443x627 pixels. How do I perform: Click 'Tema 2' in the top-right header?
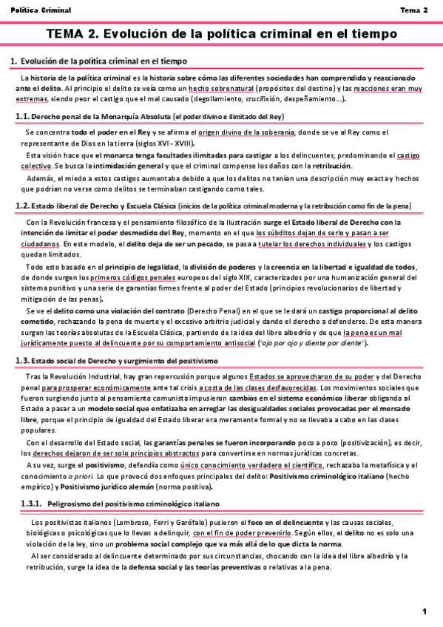[413, 10]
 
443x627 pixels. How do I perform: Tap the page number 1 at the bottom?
[425, 611]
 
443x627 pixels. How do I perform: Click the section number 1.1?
[22, 117]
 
